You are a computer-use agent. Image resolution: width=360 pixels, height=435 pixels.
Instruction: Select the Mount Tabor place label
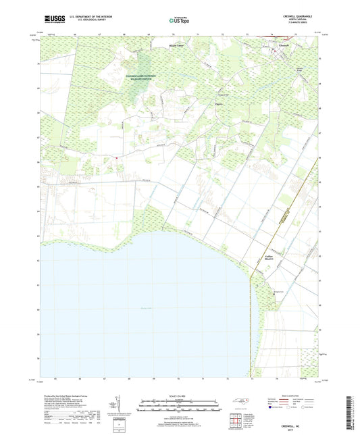pos(176,46)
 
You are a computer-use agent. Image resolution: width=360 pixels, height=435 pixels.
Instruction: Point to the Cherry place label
pos(199,103)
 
